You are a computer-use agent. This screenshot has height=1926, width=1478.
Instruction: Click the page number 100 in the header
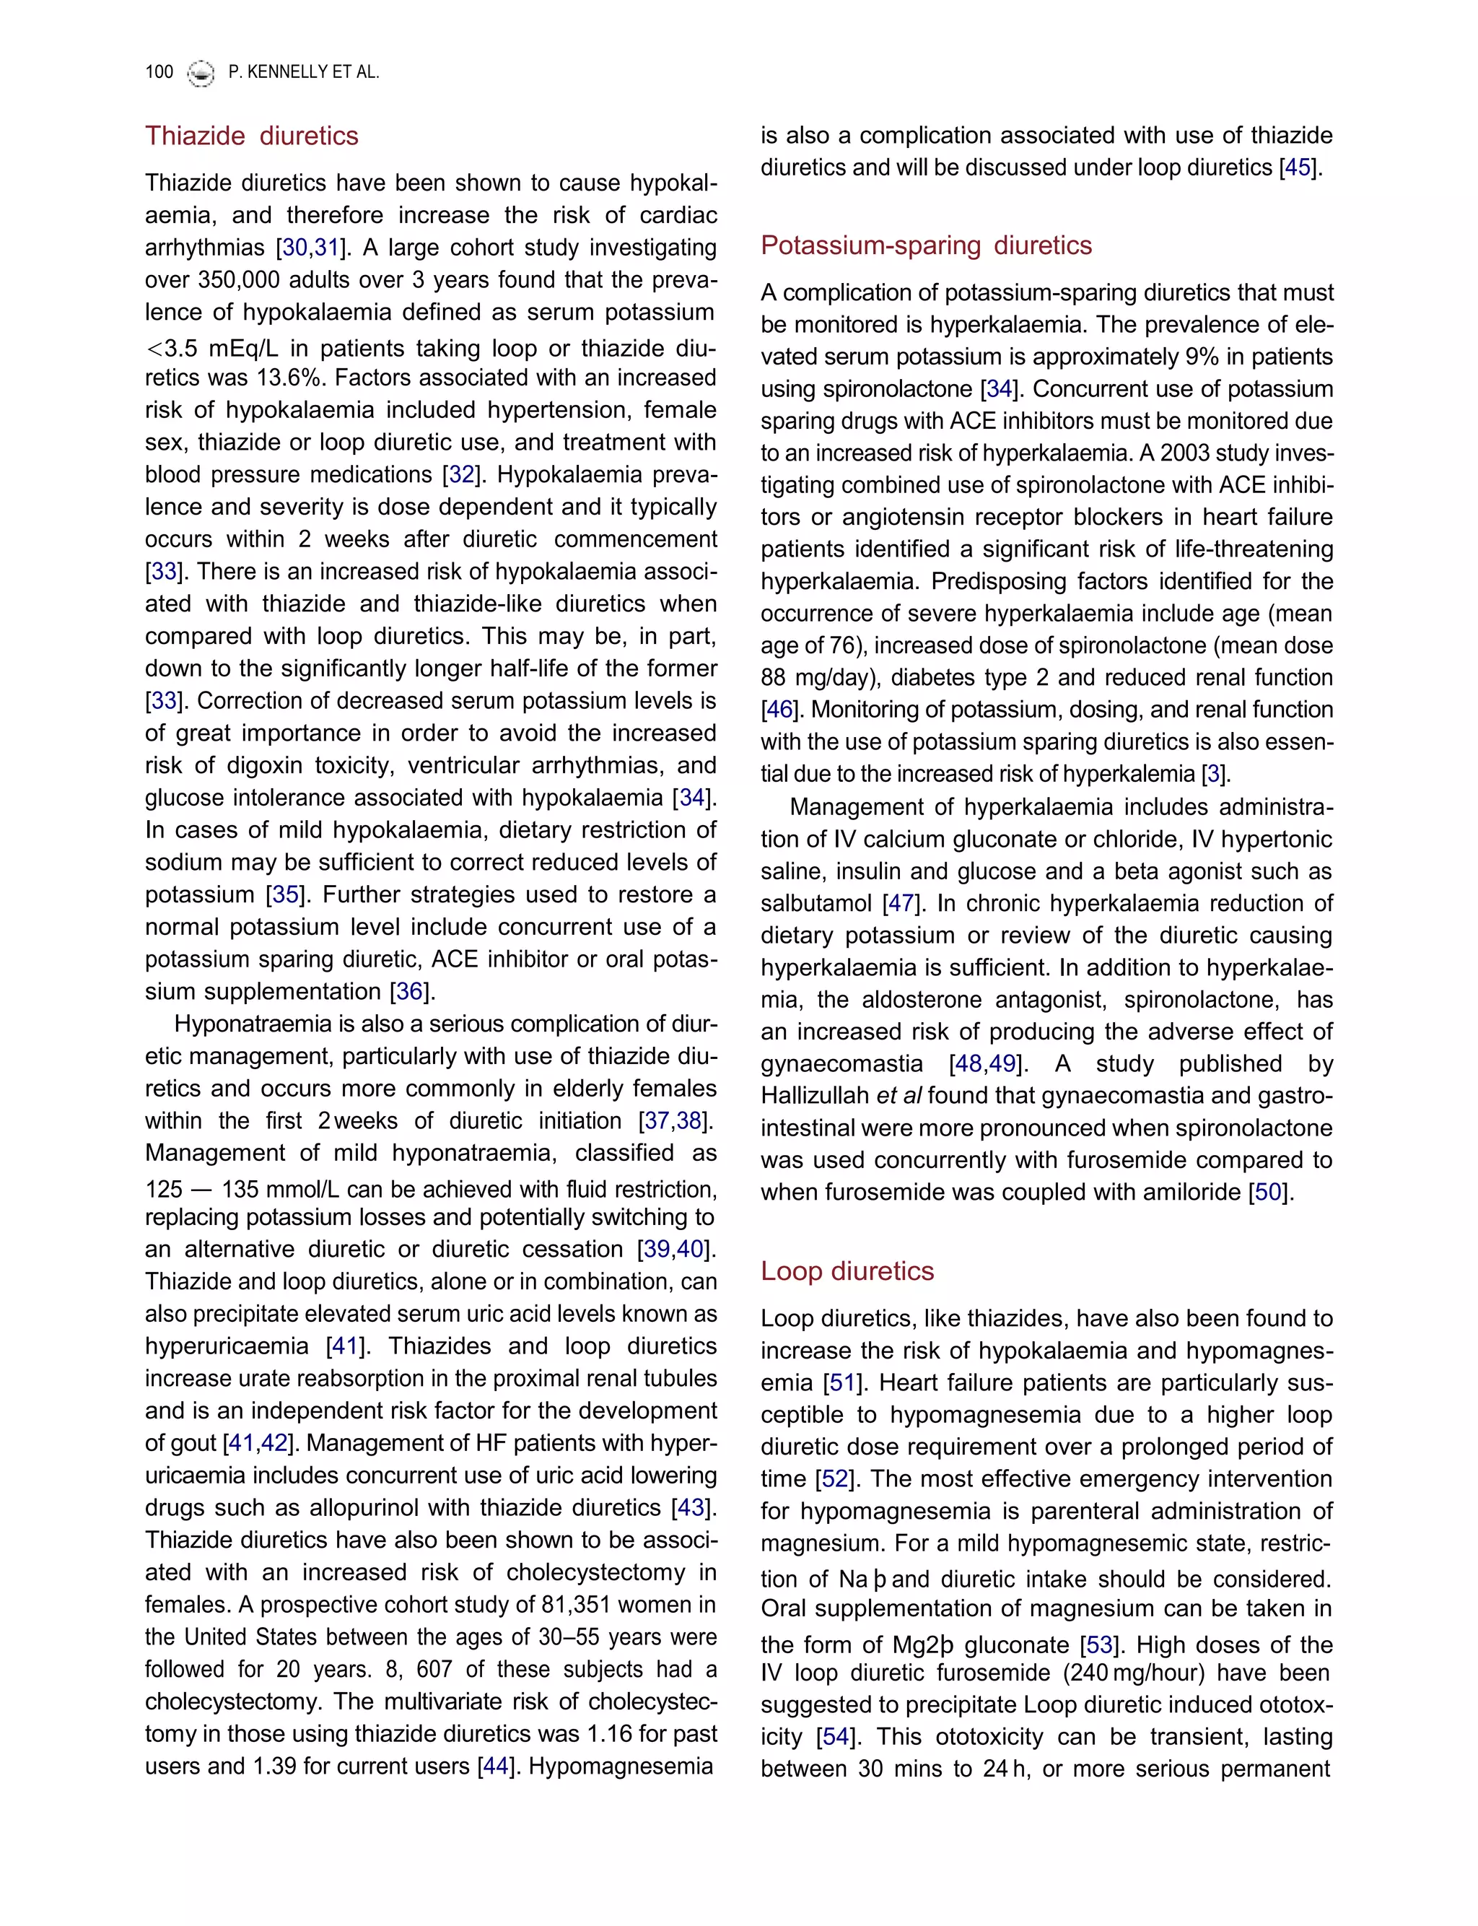pyautogui.click(x=159, y=72)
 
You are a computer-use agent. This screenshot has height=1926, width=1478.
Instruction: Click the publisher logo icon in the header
pyautogui.click(x=201, y=73)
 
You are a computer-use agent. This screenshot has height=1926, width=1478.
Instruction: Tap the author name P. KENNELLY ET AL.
pyautogui.click(x=304, y=72)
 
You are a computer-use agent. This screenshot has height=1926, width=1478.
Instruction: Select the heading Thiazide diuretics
pyautogui.click(x=252, y=136)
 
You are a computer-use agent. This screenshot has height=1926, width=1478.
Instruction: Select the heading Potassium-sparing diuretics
pyautogui.click(x=927, y=245)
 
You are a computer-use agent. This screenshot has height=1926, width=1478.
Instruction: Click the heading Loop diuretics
pyautogui.click(x=847, y=1271)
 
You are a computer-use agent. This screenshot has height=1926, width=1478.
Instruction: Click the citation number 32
pyautogui.click(x=462, y=474)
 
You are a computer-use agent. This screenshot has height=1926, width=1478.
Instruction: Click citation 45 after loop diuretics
pyautogui.click(x=1298, y=167)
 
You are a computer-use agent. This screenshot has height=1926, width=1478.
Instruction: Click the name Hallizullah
pyautogui.click(x=815, y=1095)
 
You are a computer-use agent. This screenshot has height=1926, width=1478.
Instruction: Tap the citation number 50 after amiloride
pyautogui.click(x=1268, y=1193)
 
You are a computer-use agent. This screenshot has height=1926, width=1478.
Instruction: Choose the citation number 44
pyautogui.click(x=495, y=1766)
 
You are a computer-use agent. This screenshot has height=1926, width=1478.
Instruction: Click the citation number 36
pyautogui.click(x=409, y=992)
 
